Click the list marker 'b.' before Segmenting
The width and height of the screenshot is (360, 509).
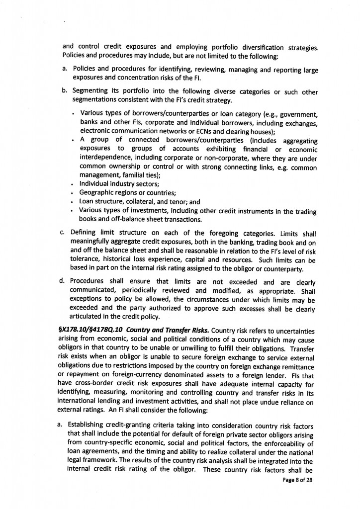(65, 92)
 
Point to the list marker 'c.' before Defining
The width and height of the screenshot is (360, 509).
(65, 232)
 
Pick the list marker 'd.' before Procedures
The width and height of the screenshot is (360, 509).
(65, 282)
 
